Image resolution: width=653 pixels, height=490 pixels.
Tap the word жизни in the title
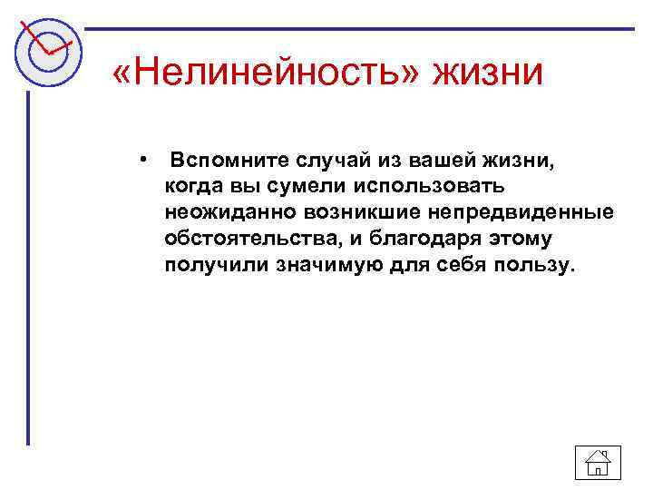[x=491, y=72]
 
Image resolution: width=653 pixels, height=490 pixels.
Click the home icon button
[x=598, y=464]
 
